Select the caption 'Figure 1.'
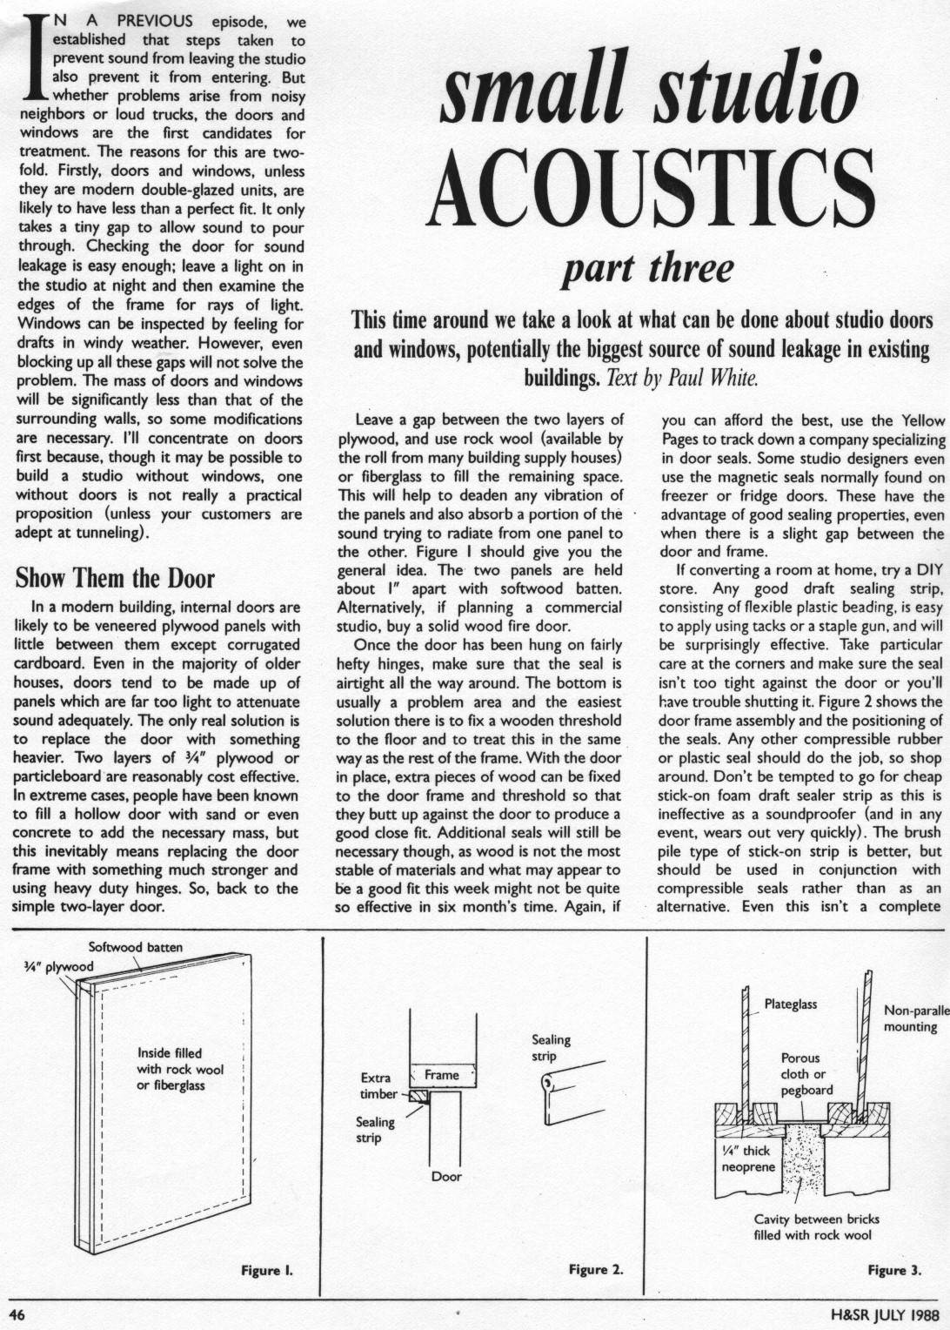[x=266, y=1270]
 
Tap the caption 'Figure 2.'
[x=596, y=1270]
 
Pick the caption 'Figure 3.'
[x=894, y=1270]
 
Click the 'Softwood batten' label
[x=136, y=947]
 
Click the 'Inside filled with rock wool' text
[x=179, y=1069]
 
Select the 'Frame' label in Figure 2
[x=441, y=1075]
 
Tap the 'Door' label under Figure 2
[x=446, y=1176]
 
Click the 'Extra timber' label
[x=378, y=1085]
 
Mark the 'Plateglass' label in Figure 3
[x=790, y=1004]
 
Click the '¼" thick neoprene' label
[x=747, y=1159]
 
